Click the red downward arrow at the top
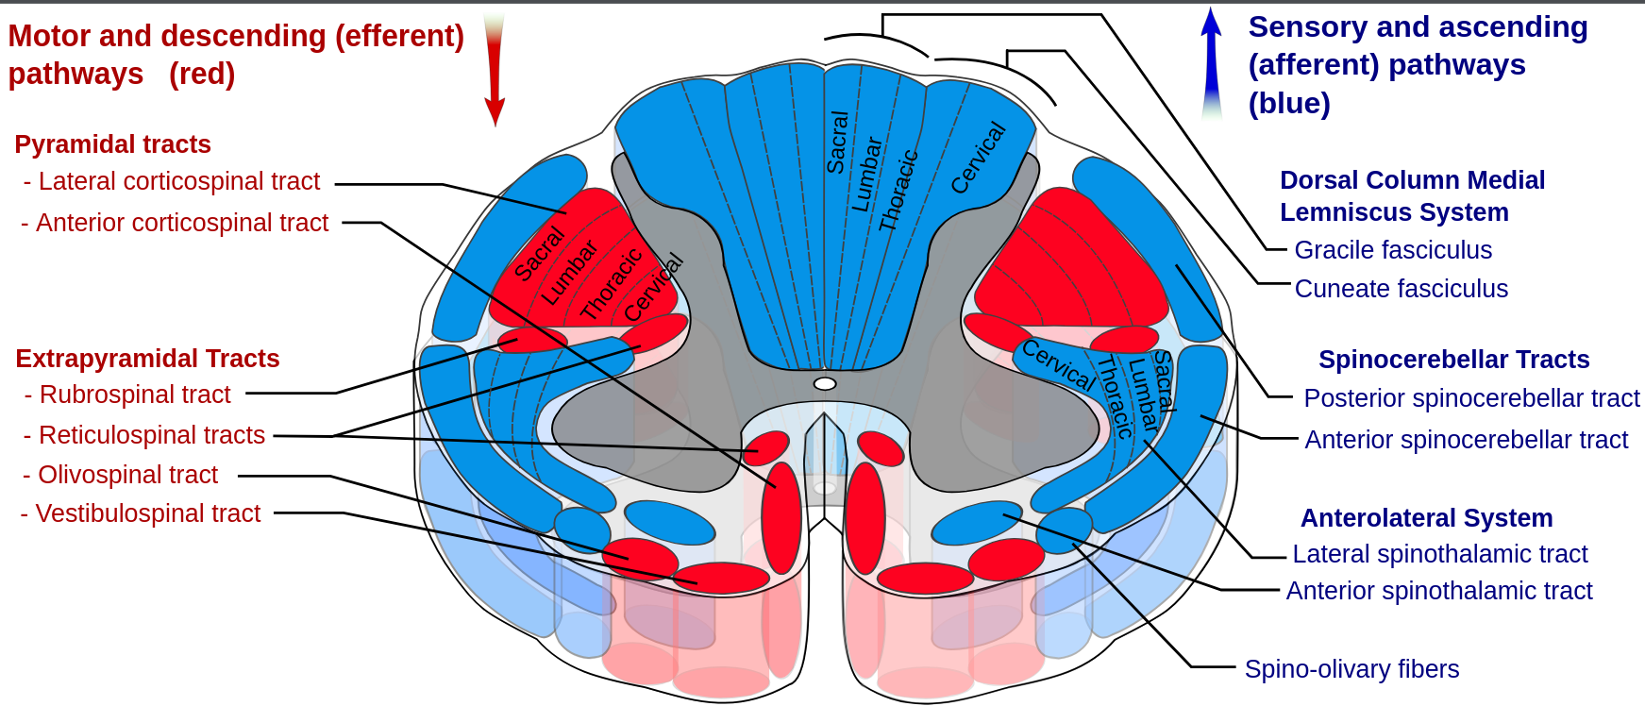tap(494, 71)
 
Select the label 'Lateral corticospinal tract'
tap(178, 181)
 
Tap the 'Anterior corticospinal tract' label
tap(181, 223)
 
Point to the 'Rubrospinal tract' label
tap(134, 395)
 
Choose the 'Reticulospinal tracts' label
tap(151, 435)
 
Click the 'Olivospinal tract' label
tap(127, 475)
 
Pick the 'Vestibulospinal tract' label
tap(147, 513)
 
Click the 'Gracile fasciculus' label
tap(1393, 250)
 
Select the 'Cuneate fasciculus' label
tap(1401, 289)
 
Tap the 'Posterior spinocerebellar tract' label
tap(1471, 398)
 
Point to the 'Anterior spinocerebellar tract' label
tap(1466, 440)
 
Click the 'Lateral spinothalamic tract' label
tap(1439, 554)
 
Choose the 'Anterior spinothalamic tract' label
tap(1438, 591)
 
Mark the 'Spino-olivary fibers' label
tap(1351, 669)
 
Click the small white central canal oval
tap(825, 384)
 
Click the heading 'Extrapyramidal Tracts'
tap(147, 359)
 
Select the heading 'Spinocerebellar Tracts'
tap(1453, 360)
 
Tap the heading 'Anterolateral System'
tap(1426, 518)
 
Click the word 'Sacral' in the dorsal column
tap(837, 143)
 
